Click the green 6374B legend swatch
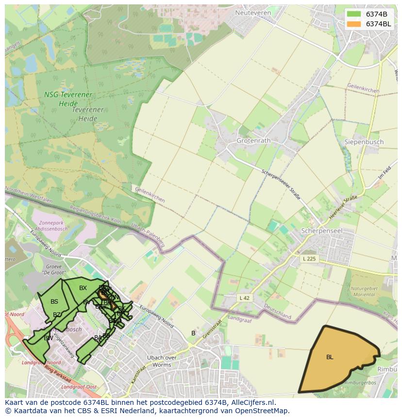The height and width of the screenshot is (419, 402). click(x=354, y=14)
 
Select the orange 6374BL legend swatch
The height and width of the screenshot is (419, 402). click(x=354, y=24)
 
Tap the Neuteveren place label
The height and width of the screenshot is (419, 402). click(x=252, y=13)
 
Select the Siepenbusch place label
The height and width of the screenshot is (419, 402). click(x=364, y=142)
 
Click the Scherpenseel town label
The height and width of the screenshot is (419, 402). click(x=322, y=231)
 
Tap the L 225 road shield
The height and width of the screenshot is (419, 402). click(x=309, y=258)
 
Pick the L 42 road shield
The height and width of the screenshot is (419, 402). click(x=244, y=297)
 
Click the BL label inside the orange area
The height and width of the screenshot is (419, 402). click(x=330, y=357)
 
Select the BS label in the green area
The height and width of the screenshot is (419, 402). click(x=54, y=302)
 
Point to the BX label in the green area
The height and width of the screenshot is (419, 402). click(x=83, y=288)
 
